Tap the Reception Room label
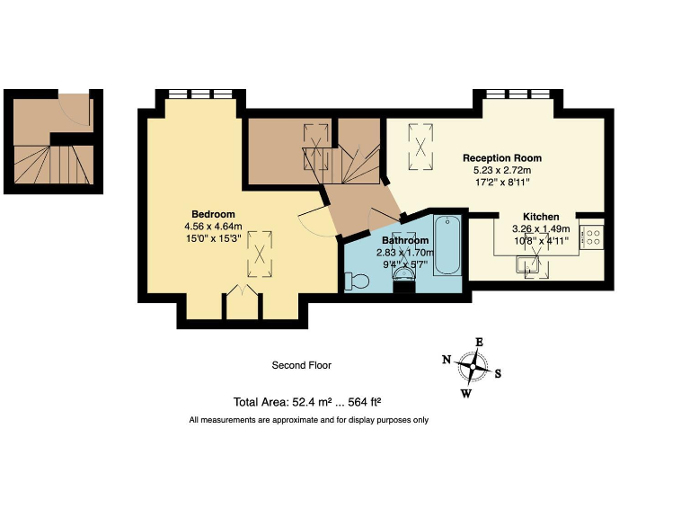[501, 157]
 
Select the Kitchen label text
[541, 217]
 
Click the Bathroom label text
[404, 241]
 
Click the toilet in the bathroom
[356, 281]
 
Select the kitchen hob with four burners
[591, 237]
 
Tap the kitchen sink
[529, 264]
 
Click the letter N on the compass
[447, 360]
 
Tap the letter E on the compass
[479, 342]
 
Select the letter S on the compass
[499, 374]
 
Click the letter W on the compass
[465, 393]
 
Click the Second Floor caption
[296, 365]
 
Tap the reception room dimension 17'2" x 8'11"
[501, 182]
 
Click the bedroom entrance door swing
[310, 221]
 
